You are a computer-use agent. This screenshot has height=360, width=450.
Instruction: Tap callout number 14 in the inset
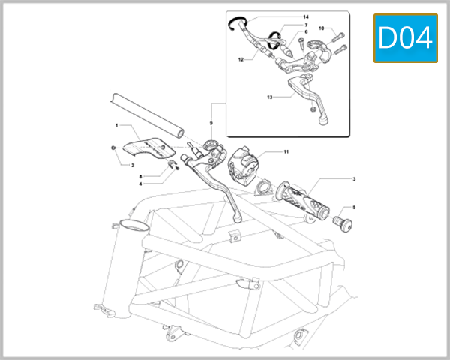coord(305,16)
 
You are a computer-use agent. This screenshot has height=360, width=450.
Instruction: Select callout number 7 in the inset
coord(305,25)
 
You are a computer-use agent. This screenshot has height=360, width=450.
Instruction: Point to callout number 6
coord(305,32)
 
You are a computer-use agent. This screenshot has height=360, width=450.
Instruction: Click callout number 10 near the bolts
coord(321,28)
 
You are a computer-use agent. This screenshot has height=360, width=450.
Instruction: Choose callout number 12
coord(241,58)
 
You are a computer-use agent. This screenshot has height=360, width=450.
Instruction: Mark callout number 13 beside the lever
coord(249,97)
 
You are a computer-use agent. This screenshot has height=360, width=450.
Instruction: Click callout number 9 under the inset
coord(211,123)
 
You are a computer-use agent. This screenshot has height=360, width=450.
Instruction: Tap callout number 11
coord(286,152)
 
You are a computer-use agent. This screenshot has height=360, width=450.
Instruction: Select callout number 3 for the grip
coord(354,179)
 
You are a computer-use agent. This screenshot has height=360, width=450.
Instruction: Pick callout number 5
coord(354,207)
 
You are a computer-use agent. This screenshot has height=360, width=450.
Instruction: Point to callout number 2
coord(132,165)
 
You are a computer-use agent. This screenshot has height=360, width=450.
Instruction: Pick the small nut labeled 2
coord(112,149)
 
